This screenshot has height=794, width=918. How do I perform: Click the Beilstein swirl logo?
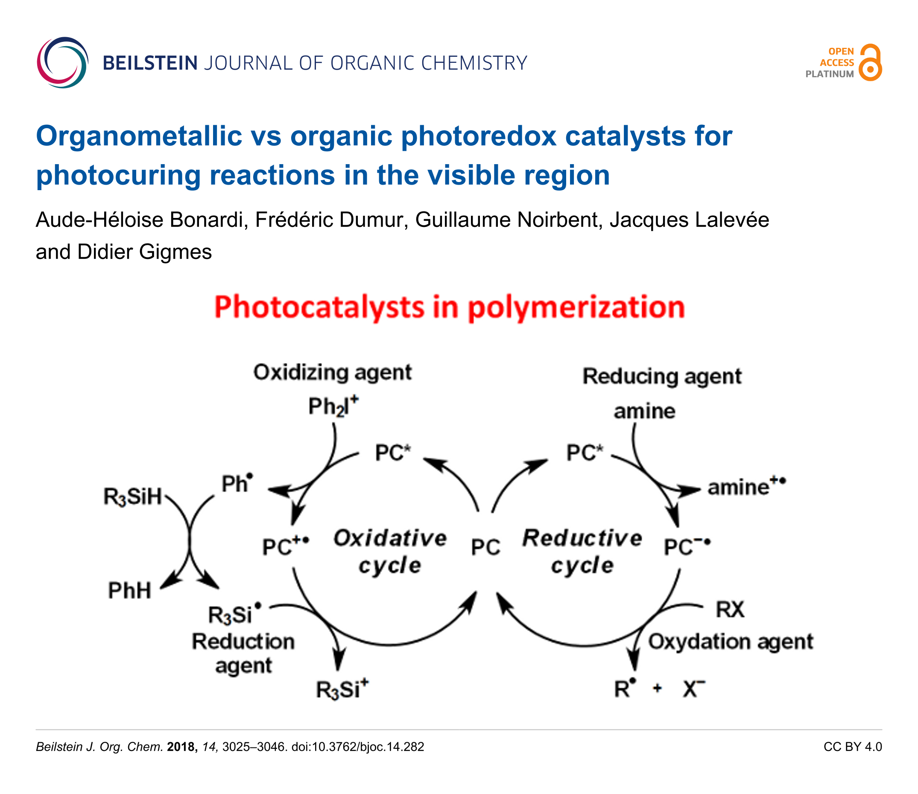[62, 62]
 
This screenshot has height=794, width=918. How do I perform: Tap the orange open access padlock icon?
[870, 62]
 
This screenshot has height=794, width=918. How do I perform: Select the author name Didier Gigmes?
[144, 252]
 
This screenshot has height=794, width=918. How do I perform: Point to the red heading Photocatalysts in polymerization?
[450, 307]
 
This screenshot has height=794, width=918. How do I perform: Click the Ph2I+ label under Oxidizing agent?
[333, 406]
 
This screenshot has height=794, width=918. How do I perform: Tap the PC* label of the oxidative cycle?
[393, 453]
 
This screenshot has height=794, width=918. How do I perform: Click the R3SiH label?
[132, 497]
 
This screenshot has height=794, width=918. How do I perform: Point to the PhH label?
[130, 591]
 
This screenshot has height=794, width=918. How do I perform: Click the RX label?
[730, 609]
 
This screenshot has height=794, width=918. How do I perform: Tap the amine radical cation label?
[746, 486]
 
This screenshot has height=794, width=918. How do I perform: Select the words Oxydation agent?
[731, 642]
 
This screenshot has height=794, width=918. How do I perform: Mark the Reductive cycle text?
[582, 552]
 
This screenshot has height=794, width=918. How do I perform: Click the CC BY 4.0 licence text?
[853, 747]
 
